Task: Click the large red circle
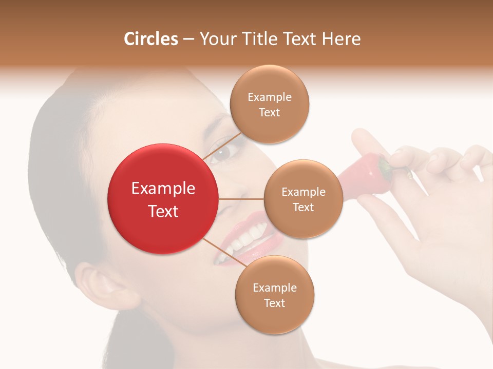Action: tap(163, 199)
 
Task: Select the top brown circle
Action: tap(269, 104)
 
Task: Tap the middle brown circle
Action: tap(303, 199)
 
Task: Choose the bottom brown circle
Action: tap(274, 295)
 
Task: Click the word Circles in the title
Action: tap(151, 39)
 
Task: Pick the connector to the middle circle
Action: tap(241, 199)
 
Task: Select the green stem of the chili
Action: tap(384, 167)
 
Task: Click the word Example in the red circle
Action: tap(163, 189)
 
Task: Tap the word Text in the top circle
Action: tap(269, 112)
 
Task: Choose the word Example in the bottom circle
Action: tap(274, 288)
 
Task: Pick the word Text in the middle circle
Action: tap(303, 207)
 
